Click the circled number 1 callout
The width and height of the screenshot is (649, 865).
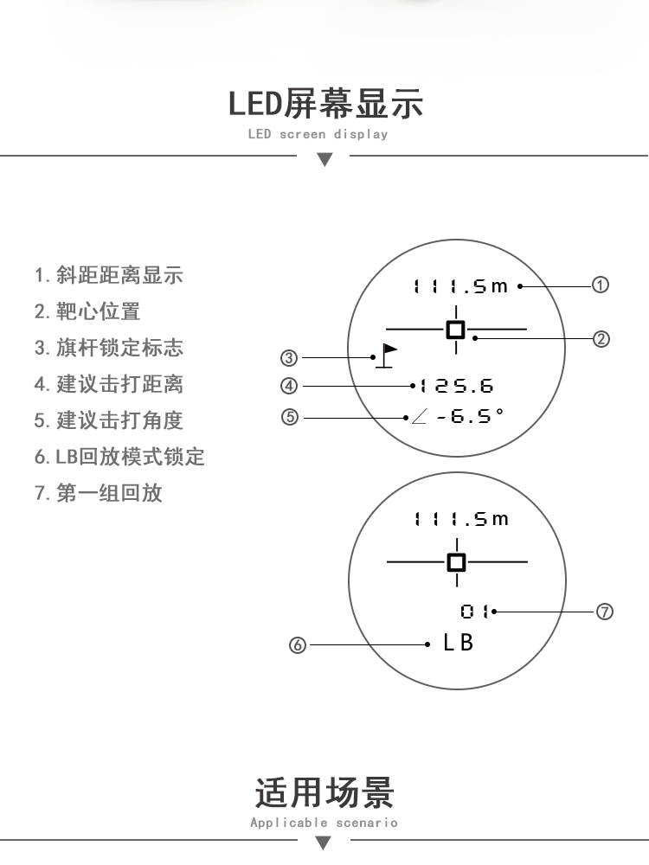click(x=601, y=285)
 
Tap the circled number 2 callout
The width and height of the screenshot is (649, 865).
click(x=601, y=339)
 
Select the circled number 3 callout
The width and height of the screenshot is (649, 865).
click(x=289, y=358)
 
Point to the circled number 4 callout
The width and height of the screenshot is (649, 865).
click(x=289, y=386)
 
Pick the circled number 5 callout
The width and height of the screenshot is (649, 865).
click(x=289, y=417)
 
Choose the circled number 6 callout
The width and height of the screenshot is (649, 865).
click(x=298, y=645)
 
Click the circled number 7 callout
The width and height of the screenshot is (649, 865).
click(x=604, y=612)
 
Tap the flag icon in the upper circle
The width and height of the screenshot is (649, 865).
click(x=386, y=356)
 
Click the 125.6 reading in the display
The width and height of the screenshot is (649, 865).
click(x=456, y=386)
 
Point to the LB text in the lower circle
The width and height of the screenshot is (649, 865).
click(x=458, y=643)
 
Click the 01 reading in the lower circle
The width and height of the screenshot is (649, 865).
click(x=474, y=612)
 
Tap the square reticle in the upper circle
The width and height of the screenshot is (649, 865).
click(x=456, y=330)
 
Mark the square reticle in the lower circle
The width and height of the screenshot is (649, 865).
click(x=456, y=563)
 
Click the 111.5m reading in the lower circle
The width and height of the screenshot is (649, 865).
click(x=461, y=519)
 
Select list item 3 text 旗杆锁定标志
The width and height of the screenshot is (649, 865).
click(x=119, y=348)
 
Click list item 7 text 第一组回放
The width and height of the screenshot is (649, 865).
click(x=109, y=493)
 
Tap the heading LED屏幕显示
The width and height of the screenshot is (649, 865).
click(x=325, y=104)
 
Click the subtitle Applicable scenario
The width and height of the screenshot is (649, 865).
click(x=324, y=823)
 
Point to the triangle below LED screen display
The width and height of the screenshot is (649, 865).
click(x=325, y=159)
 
